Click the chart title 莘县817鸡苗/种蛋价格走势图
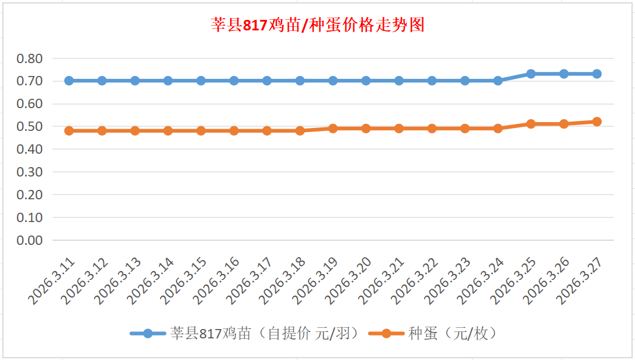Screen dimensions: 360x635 [x=317, y=25]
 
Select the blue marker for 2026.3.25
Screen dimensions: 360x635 [x=531, y=74]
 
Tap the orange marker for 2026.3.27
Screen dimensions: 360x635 [x=597, y=122]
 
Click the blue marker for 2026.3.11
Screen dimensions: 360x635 [x=69, y=81]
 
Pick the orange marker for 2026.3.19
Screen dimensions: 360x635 [x=333, y=129]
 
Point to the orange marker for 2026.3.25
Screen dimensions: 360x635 [x=531, y=124]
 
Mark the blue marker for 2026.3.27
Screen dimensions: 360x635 [x=597, y=74]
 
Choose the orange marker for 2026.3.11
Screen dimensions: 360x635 [x=69, y=131]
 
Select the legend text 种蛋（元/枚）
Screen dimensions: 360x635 [x=453, y=334]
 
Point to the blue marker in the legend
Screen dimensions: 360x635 [x=148, y=334]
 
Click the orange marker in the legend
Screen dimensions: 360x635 [x=386, y=334]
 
